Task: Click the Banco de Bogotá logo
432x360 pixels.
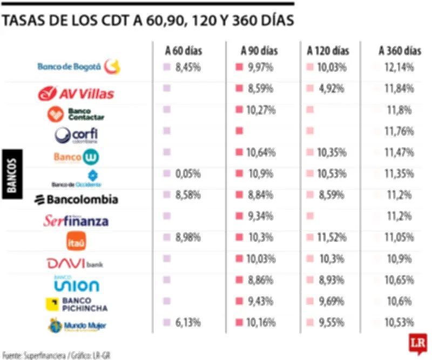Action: [x=79, y=67]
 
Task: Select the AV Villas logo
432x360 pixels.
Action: [x=76, y=94]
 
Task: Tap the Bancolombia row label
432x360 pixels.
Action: [x=76, y=199]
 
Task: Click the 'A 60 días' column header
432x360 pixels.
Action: [x=184, y=51]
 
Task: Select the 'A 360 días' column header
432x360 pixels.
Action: [x=400, y=51]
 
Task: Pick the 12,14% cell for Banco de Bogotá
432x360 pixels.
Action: [x=400, y=68]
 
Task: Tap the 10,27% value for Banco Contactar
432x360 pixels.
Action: [x=261, y=110]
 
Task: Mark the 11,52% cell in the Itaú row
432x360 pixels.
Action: [x=331, y=237]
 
